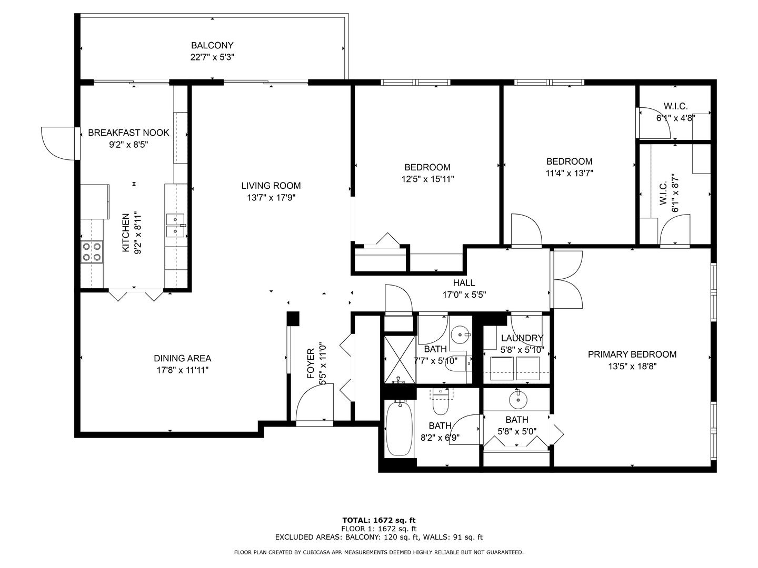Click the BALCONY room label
click(212, 45)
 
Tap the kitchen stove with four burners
click(92, 252)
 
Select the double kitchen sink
click(176, 226)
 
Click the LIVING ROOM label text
click(271, 185)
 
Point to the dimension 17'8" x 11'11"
click(183, 370)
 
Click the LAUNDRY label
click(522, 338)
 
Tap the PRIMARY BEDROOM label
click(632, 354)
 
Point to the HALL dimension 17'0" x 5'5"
click(464, 295)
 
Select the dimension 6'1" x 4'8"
click(675, 118)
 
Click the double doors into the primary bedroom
click(567, 280)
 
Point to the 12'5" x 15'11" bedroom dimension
click(427, 179)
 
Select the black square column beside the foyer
click(293, 319)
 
